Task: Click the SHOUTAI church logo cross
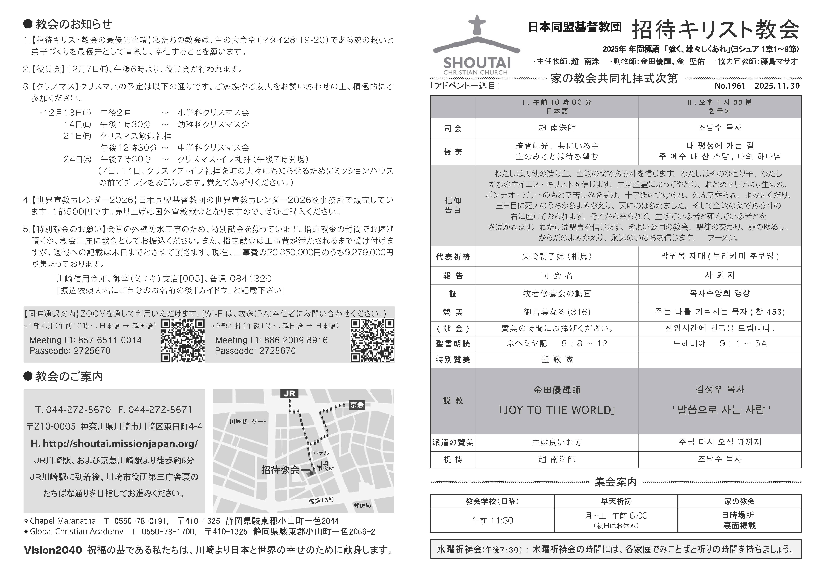click(x=477, y=26)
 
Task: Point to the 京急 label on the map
click(x=357, y=405)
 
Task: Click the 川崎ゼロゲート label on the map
click(x=248, y=422)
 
